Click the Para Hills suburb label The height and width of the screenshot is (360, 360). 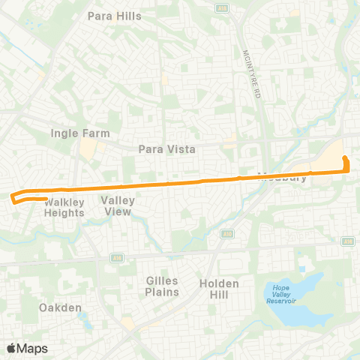[x=115, y=15]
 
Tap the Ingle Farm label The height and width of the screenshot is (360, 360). [x=80, y=133]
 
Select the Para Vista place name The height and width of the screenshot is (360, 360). [x=167, y=149]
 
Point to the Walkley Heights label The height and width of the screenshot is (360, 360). [x=64, y=208]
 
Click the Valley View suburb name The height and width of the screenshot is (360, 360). [x=118, y=205]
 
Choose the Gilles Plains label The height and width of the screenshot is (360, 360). [x=162, y=286]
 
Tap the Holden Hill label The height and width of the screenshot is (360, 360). [x=219, y=289]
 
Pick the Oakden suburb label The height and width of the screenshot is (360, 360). [x=59, y=307]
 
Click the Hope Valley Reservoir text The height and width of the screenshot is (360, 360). [x=281, y=292]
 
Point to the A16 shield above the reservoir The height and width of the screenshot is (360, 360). [x=347, y=242]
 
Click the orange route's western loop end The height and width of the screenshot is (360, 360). [x=13, y=197]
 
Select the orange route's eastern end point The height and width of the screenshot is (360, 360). [x=345, y=158]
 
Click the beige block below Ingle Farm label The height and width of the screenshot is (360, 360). [x=88, y=149]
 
